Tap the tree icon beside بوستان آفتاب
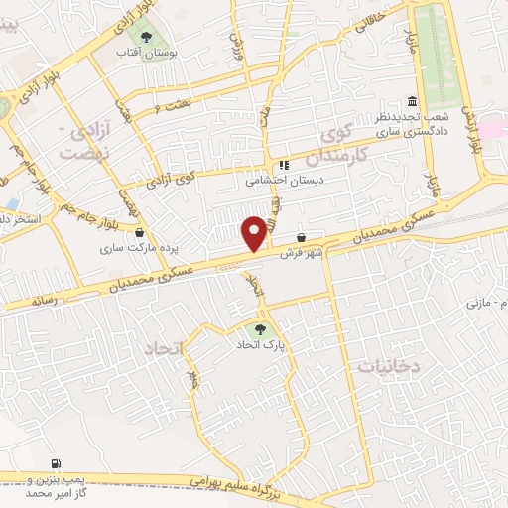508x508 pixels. pos(147,37)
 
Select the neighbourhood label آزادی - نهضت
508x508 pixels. pos(77,143)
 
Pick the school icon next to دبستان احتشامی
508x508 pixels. pos(283,166)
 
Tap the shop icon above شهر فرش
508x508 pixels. pos(302,237)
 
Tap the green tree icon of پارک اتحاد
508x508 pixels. pos(261,328)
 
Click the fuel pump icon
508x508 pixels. pos(55,463)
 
